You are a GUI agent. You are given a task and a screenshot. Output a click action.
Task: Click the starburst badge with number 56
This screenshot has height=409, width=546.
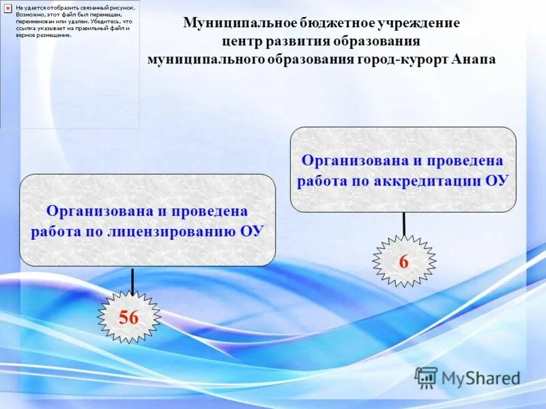(129, 317)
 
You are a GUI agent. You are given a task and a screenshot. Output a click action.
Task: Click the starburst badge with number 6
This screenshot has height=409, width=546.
(403, 261)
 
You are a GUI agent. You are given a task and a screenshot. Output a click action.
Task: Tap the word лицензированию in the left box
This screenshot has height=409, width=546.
(170, 231)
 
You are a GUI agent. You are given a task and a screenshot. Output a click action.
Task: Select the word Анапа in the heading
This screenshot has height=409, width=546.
(473, 59)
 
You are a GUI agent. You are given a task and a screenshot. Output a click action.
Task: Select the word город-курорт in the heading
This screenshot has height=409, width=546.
(402, 59)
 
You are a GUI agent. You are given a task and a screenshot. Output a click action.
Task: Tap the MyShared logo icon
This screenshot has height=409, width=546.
(426, 377)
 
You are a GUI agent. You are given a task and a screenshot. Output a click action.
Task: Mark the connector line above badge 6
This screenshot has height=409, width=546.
(404, 224)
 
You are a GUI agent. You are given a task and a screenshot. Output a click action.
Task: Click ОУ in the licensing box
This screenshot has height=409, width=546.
(251, 231)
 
